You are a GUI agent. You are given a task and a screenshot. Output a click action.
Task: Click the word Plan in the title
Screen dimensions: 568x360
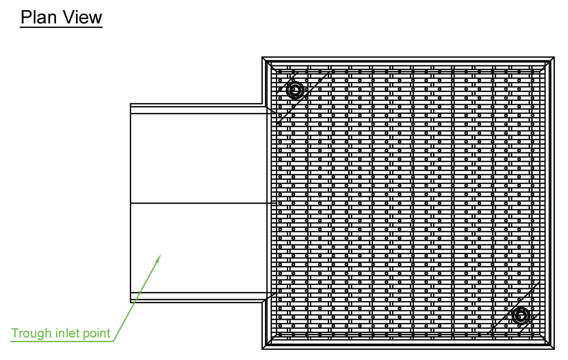coord(39,17)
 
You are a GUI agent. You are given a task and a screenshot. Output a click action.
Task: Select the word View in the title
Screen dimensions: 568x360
coord(82,17)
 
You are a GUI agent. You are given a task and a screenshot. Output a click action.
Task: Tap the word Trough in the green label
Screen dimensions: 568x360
coord(31,333)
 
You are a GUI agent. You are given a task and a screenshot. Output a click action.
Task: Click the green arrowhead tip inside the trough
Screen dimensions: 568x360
coord(161,255)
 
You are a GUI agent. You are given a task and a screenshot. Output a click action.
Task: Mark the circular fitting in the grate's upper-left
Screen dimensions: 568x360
coord(295,90)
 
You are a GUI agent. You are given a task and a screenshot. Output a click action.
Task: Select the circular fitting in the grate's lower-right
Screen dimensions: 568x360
coord(521,316)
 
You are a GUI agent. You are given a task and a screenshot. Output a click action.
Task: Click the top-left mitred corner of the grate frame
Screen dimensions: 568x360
coord(262,57)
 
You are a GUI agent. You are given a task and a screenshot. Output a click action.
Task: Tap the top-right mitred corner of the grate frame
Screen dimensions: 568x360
coord(554,57)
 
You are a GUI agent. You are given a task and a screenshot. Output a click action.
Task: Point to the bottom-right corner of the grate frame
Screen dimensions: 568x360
coord(554,349)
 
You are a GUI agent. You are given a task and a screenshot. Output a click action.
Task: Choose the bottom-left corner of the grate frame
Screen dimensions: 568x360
coord(262,349)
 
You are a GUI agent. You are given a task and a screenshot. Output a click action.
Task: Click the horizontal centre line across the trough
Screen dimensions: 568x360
coord(203,203)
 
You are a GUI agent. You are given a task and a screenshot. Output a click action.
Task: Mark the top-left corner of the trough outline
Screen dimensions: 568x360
coord(130,104)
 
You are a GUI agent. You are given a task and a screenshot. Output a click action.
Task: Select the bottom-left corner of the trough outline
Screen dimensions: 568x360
coord(130,302)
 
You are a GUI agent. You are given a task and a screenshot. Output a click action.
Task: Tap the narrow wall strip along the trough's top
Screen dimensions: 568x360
coord(198,110)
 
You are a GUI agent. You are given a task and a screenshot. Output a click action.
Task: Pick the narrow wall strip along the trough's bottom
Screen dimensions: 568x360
coord(198,296)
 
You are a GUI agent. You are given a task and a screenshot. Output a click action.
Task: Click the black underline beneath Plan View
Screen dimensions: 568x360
coord(61,27)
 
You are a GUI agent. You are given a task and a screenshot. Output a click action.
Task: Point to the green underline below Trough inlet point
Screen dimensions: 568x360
coord(62,341)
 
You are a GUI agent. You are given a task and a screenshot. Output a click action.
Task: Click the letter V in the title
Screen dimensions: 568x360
coord(69,17)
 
